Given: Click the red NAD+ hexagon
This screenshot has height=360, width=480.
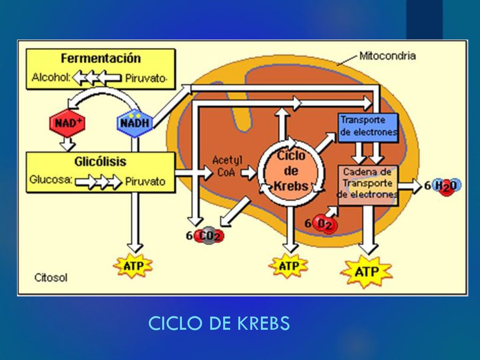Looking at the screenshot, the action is [x=67, y=123].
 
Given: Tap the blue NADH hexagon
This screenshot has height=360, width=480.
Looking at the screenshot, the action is [x=135, y=123].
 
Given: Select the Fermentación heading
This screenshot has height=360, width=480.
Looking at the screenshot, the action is [x=101, y=58].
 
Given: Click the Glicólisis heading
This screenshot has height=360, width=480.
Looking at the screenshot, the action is [x=100, y=161].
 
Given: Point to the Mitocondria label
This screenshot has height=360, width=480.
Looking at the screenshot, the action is [x=388, y=56].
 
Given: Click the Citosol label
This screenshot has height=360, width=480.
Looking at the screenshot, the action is [x=51, y=277].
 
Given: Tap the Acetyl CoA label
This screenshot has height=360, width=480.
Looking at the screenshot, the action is [x=227, y=166].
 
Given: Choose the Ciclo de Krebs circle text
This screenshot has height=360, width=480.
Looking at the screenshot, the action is [x=291, y=171].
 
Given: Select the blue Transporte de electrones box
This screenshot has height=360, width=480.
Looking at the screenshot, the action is [x=368, y=127].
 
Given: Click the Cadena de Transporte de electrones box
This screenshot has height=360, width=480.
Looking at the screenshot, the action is [x=368, y=185].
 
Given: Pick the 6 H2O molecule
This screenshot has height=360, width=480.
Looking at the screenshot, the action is [x=442, y=186].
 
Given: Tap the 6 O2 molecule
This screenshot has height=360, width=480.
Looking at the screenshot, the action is [x=321, y=224].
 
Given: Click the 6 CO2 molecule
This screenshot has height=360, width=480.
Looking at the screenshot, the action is [x=205, y=235].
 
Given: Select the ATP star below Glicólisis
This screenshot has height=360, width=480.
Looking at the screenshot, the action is [x=133, y=265].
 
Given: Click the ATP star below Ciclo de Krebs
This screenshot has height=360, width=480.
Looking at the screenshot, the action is [x=289, y=265].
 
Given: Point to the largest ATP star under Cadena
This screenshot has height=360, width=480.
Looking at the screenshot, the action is [x=367, y=271].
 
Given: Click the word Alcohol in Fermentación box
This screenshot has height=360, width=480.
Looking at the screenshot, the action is [x=51, y=77].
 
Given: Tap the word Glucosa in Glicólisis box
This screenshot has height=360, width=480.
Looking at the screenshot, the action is [x=51, y=180].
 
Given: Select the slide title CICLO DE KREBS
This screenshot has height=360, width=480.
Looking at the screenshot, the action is [x=219, y=323].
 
